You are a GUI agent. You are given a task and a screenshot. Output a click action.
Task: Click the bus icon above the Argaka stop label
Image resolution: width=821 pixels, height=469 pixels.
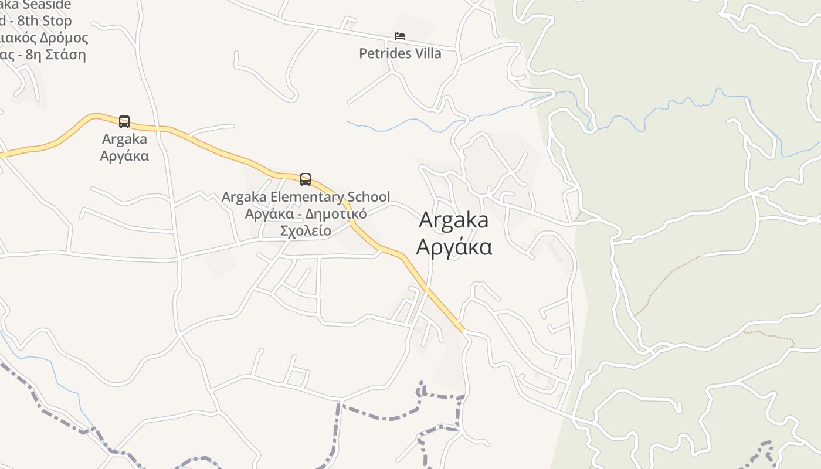coord(124,122)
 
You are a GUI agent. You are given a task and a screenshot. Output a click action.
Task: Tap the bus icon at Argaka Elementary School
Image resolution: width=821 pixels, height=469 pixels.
coord(305,179)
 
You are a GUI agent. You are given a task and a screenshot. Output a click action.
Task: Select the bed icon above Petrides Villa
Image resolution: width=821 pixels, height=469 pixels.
coord(400,37)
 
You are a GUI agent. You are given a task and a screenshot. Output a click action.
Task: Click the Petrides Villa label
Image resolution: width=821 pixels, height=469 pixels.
coord(400,53)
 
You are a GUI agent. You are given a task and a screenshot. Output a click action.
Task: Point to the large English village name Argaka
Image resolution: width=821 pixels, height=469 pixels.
coord(454,220)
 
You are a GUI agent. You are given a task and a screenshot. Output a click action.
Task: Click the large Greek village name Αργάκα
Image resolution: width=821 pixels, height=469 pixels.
coord(454,247)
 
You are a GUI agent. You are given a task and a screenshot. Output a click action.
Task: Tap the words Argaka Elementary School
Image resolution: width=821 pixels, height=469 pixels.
coord(306,197)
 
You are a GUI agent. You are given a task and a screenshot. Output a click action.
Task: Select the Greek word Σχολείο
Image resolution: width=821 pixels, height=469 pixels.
coord(306,230)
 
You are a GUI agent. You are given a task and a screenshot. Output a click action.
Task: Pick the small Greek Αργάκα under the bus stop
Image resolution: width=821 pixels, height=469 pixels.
coord(124,156)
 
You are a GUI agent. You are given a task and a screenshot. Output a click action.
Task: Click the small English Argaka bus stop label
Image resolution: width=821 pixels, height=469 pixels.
coord(124,140)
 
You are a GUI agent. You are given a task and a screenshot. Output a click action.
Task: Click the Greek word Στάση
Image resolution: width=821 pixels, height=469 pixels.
coord(65,55)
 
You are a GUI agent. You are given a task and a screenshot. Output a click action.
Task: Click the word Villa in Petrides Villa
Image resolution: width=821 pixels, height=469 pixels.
coord(428,53)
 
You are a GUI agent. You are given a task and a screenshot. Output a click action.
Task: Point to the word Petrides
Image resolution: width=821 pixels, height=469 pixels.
coord(385,53)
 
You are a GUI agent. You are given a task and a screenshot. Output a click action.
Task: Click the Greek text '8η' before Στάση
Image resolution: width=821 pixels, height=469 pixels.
coord(29,55)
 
